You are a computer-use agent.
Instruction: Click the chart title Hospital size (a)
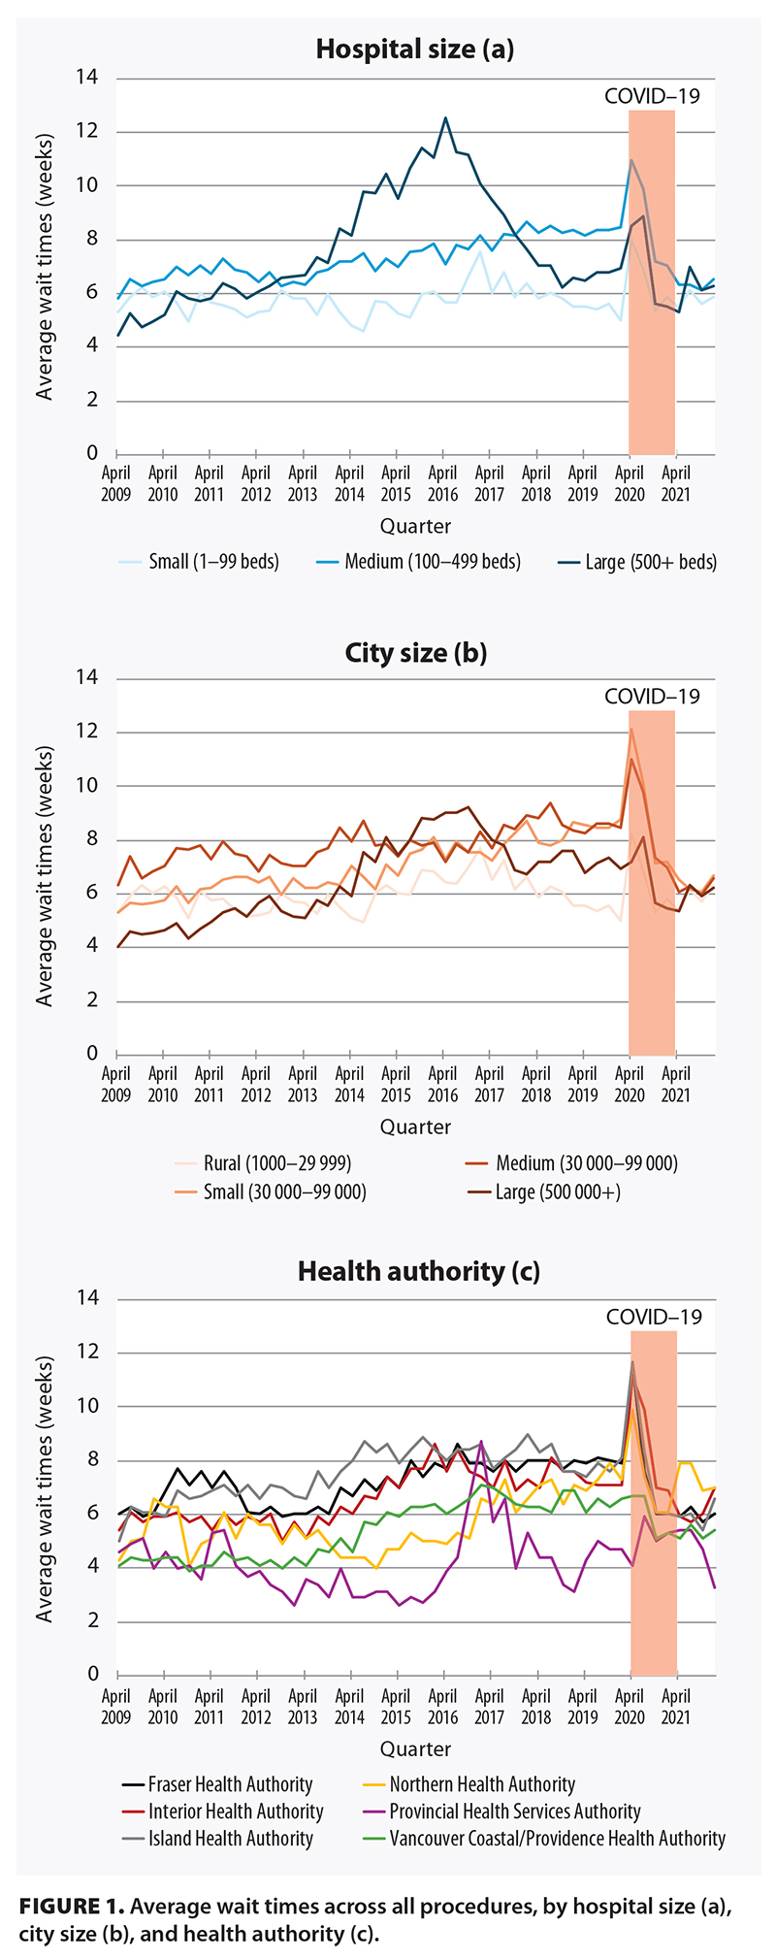415,49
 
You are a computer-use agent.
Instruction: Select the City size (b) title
415,652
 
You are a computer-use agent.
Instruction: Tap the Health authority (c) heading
418,1270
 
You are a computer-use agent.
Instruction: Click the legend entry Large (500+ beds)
637,562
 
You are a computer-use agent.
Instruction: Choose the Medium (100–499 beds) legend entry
418,562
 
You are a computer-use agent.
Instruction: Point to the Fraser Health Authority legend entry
217,1784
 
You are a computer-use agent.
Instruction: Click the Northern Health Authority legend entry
469,1784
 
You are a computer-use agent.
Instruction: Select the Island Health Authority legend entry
217,1839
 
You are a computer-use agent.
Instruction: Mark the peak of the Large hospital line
445,118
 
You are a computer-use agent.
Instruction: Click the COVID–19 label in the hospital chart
651,96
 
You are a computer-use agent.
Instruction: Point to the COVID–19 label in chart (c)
653,1317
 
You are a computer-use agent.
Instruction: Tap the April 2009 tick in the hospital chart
116,483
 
